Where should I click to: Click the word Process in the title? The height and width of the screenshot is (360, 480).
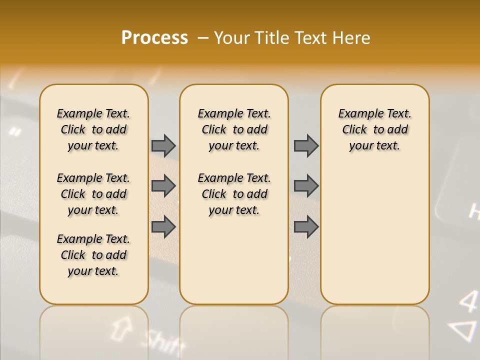point(154,38)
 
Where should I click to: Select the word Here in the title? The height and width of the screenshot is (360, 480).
point(352,38)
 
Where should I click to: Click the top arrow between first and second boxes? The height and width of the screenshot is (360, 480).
point(163,145)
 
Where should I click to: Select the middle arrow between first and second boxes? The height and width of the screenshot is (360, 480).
point(163,186)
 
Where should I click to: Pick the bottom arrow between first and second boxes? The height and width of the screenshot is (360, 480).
point(163,226)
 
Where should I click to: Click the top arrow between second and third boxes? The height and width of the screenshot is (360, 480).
point(306,145)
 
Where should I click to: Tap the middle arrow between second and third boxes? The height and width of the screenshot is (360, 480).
point(306,186)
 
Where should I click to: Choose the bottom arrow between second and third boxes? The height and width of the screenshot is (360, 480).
point(306,226)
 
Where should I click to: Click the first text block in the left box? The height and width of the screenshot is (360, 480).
point(93,129)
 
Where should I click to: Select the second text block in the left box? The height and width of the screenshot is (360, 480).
point(93,194)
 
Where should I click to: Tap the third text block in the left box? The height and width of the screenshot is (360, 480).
point(93,255)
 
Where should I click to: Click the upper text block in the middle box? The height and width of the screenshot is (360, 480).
point(234,129)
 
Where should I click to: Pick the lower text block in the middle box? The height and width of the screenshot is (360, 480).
point(234,194)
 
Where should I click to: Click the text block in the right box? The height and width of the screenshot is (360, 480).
point(374,129)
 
